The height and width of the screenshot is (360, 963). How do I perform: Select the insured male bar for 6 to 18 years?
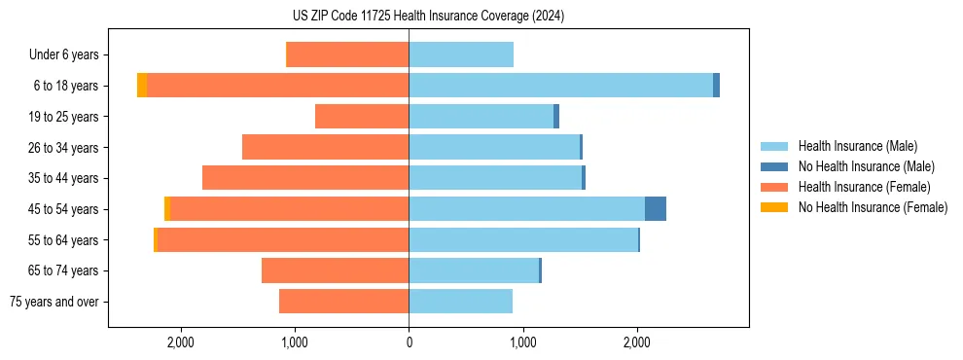(x=560, y=86)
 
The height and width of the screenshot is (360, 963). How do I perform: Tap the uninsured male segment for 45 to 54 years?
(x=656, y=209)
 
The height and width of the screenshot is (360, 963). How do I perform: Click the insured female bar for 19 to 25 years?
(x=362, y=117)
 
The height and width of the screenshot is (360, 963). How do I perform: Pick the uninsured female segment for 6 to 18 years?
(x=142, y=86)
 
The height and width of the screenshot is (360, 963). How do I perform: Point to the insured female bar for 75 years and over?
(x=343, y=302)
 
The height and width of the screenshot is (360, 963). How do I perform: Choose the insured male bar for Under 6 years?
(x=461, y=54)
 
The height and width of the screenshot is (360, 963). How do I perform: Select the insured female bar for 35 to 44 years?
(x=305, y=178)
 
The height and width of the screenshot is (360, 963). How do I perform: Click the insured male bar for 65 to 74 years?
(x=474, y=270)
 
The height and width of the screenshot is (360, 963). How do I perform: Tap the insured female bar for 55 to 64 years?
(x=283, y=240)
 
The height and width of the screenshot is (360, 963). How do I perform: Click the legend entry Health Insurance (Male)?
(x=857, y=146)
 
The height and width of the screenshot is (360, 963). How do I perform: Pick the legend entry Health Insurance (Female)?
(x=864, y=187)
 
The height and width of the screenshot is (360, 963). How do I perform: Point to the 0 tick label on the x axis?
(x=409, y=342)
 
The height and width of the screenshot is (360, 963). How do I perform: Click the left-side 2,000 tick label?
(x=181, y=342)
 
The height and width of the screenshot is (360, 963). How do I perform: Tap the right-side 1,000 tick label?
(x=522, y=342)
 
